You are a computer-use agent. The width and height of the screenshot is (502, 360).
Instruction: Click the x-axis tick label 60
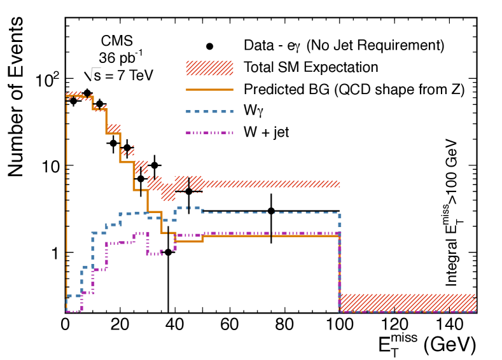coord(229,324)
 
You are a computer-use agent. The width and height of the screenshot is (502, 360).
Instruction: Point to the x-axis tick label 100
coord(338,324)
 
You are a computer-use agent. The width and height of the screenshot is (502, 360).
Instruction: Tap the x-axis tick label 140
coord(449,324)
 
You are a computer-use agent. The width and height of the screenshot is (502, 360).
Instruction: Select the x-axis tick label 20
coord(120,324)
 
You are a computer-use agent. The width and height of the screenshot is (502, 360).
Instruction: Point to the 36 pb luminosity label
coord(118,57)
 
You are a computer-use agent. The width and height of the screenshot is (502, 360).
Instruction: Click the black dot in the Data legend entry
coord(210,46)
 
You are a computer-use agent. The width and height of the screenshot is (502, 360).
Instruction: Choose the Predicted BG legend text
coord(354,90)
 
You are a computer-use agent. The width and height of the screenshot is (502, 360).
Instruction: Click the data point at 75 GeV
coord(271,211)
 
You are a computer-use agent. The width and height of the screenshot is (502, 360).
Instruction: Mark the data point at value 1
coord(168,253)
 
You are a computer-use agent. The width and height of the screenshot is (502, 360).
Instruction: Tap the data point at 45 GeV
coord(188,191)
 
